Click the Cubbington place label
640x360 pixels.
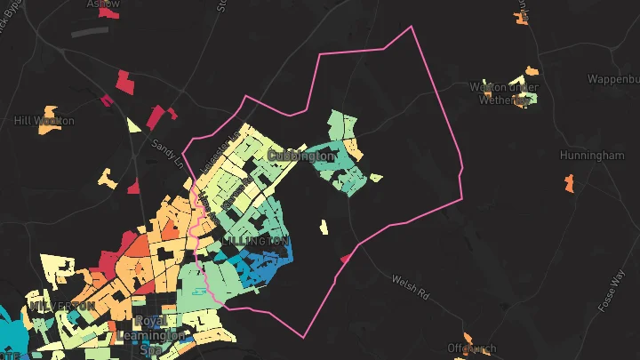click(x=301, y=156)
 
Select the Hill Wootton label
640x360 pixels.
click(x=44, y=120)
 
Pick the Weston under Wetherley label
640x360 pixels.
click(x=505, y=93)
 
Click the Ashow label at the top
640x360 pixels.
click(x=103, y=4)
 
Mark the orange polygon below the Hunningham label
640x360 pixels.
click(x=569, y=184)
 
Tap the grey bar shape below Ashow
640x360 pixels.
click(x=89, y=32)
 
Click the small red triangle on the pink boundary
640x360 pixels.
click(x=344, y=259)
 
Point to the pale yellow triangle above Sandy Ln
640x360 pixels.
click(x=134, y=124)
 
